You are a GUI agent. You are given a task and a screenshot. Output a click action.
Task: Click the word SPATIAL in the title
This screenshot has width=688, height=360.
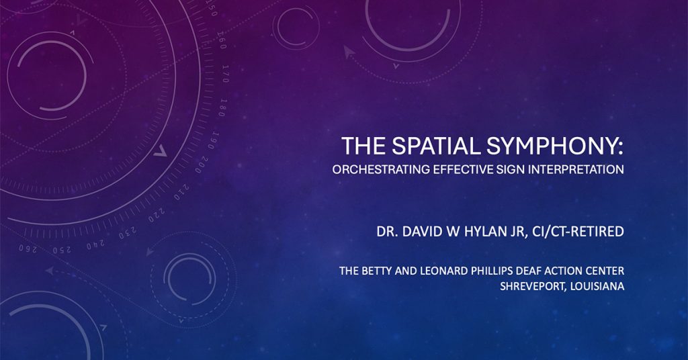pos(437,146)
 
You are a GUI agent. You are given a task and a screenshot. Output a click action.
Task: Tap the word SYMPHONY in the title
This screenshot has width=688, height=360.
pos(554,146)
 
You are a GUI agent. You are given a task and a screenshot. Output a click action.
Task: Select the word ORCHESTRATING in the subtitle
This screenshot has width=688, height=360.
pos(382,169)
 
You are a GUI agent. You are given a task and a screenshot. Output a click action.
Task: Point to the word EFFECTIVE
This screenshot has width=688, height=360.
pos(464,169)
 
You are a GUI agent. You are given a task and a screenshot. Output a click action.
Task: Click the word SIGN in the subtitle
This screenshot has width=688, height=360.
pos(511,169)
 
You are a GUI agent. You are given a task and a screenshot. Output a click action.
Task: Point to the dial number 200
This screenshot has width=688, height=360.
pos(202,164)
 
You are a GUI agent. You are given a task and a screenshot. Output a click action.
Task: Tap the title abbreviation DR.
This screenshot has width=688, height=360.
pos(386,231)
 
